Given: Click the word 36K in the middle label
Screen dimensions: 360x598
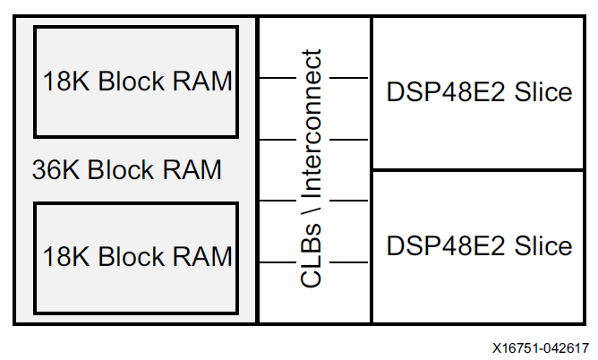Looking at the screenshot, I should point(56,169).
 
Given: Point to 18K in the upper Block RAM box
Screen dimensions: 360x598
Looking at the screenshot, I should point(68,81).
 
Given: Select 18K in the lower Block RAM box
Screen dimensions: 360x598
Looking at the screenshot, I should point(68,257).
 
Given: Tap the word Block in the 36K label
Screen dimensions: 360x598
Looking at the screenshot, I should point(122,169).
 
